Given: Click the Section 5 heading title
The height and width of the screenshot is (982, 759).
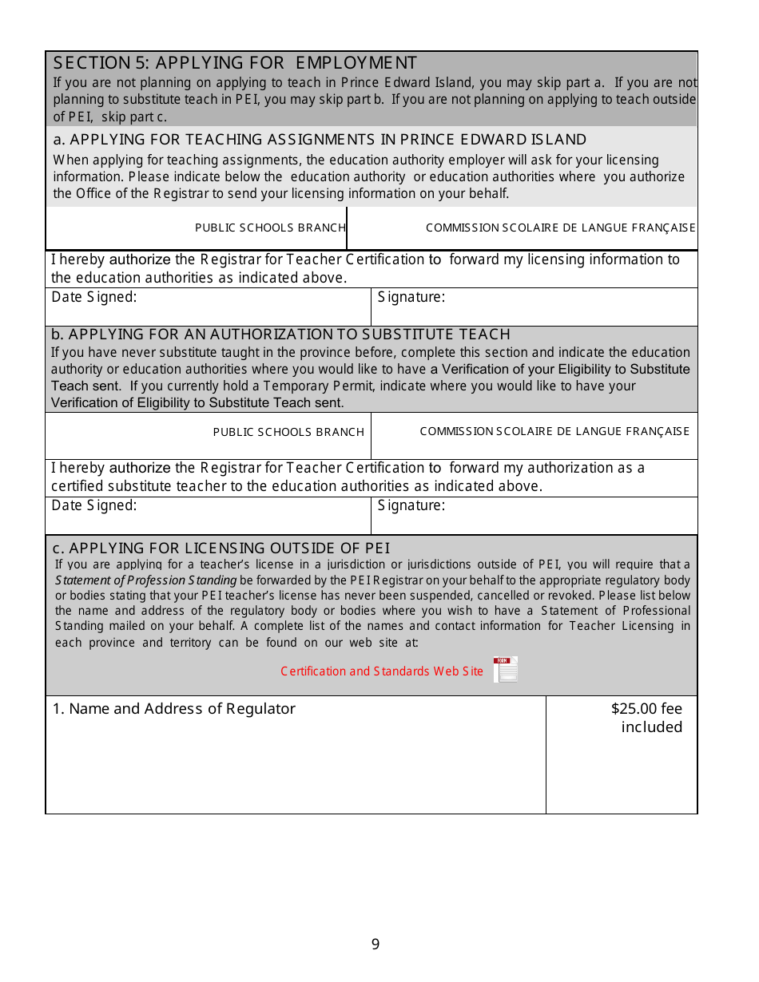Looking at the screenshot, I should (x=235, y=63).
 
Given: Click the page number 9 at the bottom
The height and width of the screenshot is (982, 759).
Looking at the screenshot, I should (x=376, y=944).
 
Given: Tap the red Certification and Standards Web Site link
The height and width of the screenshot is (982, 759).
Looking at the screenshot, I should (x=382, y=671).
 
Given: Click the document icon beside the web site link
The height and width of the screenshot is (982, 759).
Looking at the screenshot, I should (x=505, y=670).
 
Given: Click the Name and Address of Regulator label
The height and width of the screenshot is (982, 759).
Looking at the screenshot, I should (x=174, y=709).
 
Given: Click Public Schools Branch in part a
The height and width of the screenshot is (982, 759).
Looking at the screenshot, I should (x=270, y=228).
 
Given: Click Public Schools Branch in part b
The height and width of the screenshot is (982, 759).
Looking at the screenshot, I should (x=288, y=432).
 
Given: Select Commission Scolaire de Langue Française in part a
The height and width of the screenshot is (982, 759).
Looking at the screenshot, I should (x=560, y=228).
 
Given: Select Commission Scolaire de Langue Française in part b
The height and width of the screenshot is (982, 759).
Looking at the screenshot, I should (x=554, y=431).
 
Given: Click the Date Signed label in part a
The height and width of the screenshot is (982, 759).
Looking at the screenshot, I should (x=94, y=298).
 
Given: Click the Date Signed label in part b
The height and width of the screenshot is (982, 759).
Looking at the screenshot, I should (x=94, y=505).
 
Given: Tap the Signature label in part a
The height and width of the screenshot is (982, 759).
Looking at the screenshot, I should (x=411, y=298).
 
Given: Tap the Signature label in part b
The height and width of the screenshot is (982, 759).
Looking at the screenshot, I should (x=411, y=505).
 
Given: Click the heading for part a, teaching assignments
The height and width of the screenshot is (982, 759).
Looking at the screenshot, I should (x=320, y=140).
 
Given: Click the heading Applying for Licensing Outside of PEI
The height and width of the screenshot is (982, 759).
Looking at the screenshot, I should (x=221, y=548).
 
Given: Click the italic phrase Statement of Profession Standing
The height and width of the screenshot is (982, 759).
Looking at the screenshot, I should (x=146, y=580).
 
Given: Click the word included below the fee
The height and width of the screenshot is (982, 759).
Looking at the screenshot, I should (x=652, y=727).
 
